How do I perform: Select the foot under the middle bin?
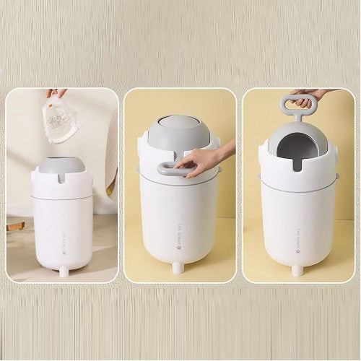click(x=178, y=268)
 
